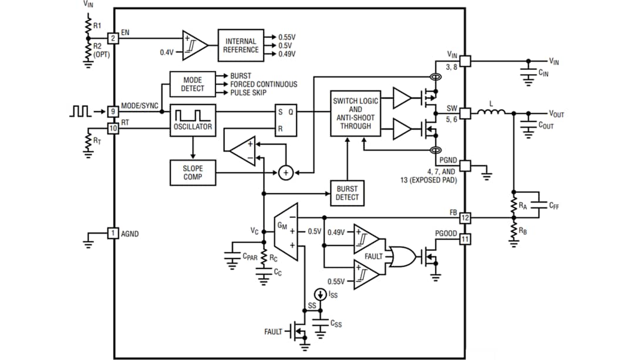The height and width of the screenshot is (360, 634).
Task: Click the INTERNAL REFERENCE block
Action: point(241,45)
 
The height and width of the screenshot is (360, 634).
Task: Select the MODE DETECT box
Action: point(192,84)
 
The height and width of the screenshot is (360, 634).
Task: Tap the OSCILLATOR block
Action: point(192,119)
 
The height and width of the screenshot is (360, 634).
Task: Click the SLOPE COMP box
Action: point(192,172)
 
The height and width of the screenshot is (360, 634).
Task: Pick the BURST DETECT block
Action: point(347,193)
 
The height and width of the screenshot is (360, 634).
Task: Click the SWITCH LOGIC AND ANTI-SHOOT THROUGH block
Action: point(355,113)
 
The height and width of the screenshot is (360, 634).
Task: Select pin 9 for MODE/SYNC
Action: point(113,111)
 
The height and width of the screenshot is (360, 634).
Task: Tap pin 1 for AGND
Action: point(113,233)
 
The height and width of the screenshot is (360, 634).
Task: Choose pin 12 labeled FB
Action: point(465,218)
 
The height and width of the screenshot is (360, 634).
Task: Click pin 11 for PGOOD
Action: point(465,239)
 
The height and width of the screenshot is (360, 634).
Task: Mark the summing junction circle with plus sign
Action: point(285,173)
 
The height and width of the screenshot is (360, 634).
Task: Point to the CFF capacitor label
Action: point(555,205)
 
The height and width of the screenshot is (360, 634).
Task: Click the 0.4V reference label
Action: point(167,52)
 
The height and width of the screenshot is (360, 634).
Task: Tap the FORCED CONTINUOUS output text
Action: point(264,84)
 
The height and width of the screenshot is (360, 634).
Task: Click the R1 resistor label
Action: point(97,26)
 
